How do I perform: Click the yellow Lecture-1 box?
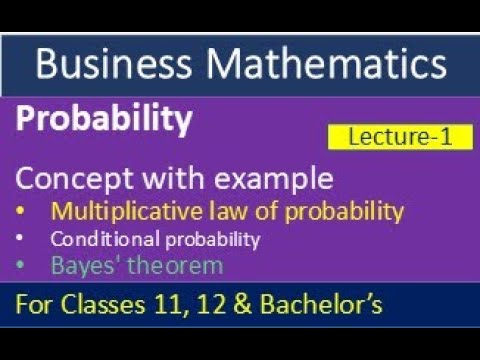click(x=399, y=137)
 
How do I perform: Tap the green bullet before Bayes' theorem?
click(x=24, y=266)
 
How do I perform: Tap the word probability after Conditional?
click(x=204, y=239)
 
